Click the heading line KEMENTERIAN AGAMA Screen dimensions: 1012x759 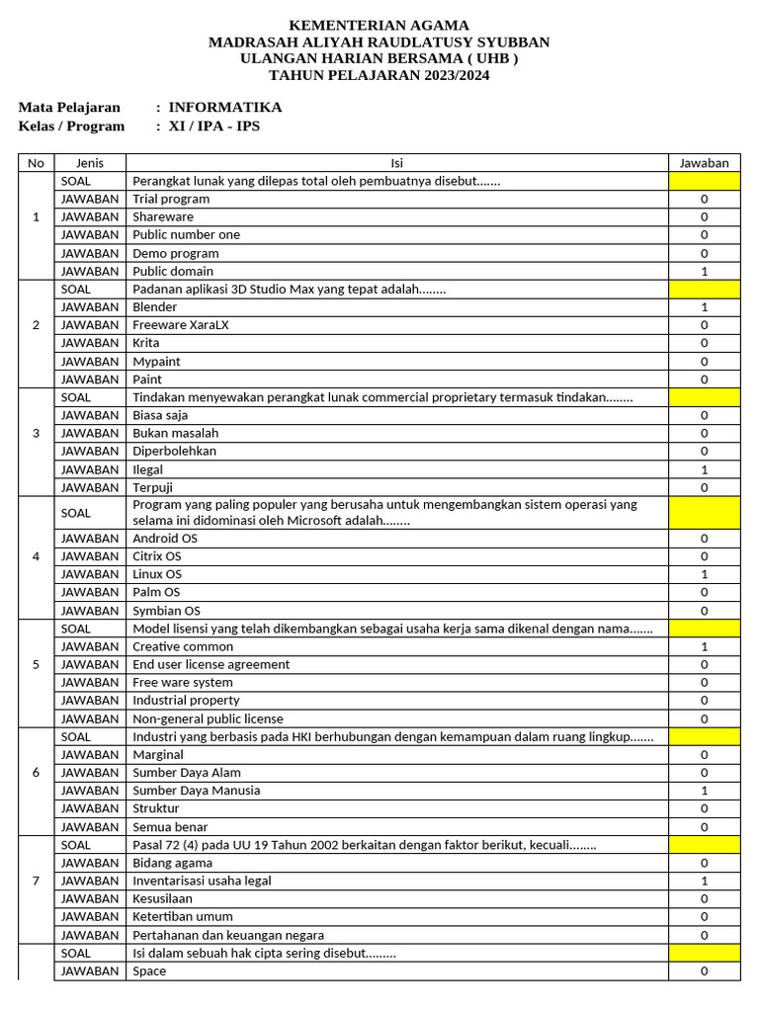click(379, 25)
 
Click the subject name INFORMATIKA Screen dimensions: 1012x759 click(224, 107)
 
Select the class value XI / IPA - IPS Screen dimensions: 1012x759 click(214, 126)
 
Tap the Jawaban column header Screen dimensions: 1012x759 click(704, 163)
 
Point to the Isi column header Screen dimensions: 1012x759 click(396, 163)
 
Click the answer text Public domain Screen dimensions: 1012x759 click(173, 271)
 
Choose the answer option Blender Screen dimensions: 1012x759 click(155, 307)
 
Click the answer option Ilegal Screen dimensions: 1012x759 click(148, 469)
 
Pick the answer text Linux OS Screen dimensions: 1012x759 click(157, 574)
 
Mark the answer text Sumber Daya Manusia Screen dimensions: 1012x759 click(197, 791)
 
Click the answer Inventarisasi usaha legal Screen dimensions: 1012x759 click(202, 881)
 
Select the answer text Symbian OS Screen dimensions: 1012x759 click(166, 611)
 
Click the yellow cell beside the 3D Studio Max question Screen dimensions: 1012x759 click(704, 290)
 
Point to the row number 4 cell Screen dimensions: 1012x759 click(37, 556)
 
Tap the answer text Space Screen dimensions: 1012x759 click(149, 971)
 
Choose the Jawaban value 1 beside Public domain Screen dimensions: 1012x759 click(704, 271)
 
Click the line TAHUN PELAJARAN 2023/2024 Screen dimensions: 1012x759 click(379, 75)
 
